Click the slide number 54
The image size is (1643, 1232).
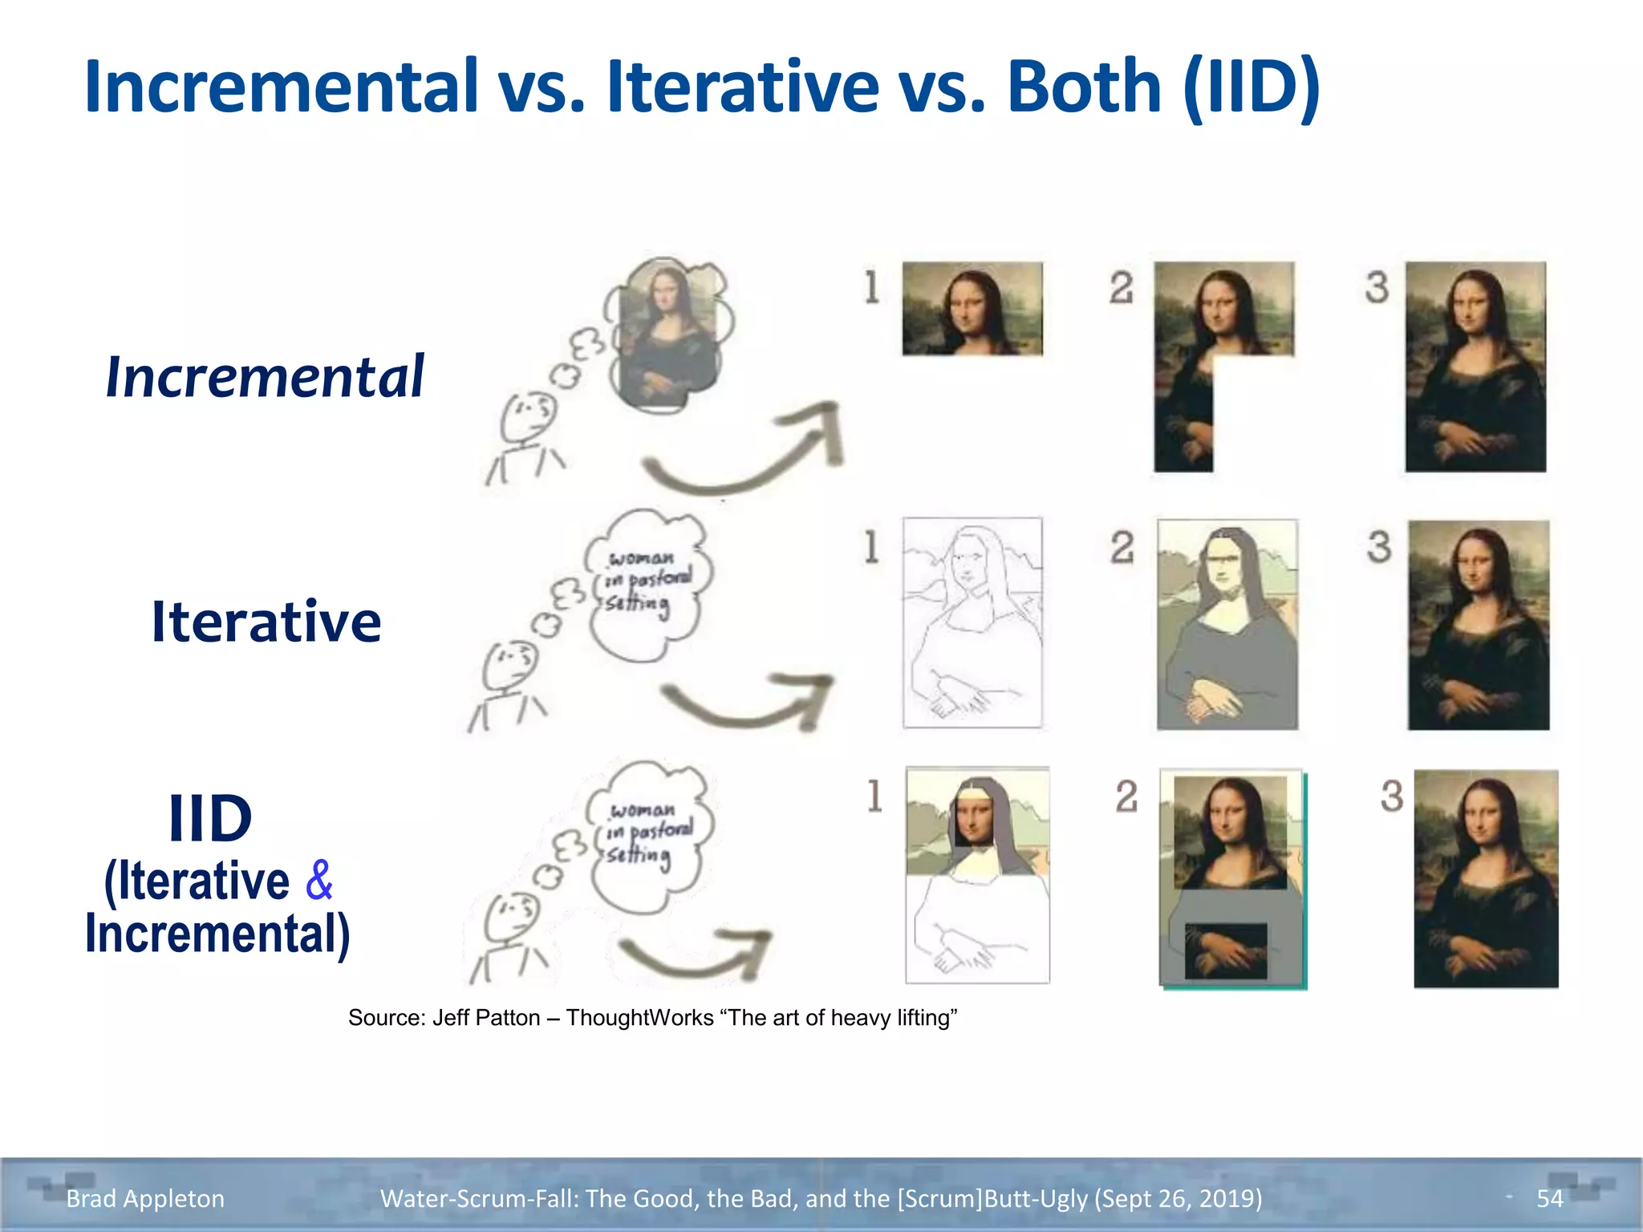point(1549,1198)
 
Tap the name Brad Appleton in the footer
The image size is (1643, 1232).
point(145,1198)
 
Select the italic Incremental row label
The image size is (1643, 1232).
point(265,376)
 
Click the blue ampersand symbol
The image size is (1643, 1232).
point(318,880)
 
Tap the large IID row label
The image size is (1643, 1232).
point(210,818)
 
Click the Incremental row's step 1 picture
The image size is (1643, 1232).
point(972,309)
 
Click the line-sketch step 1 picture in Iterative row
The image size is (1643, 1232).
point(972,622)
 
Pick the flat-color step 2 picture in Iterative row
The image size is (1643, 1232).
point(1227,624)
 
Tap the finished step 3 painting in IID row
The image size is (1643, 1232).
point(1486,878)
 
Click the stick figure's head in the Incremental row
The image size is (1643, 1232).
point(527,415)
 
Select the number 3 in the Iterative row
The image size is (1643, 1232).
point(1379,547)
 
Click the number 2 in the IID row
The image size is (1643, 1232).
point(1126,796)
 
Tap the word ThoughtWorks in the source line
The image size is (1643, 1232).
point(639,1018)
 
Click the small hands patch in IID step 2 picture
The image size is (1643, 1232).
point(1226,950)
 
